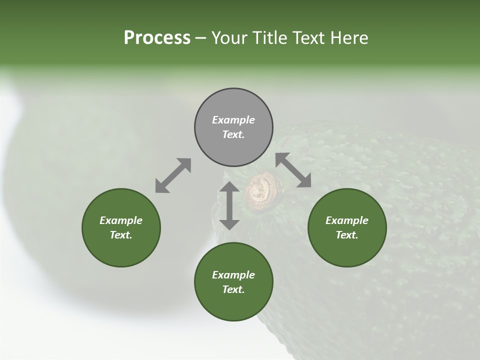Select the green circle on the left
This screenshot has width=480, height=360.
coord(121,227)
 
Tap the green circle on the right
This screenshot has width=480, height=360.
coord(347,227)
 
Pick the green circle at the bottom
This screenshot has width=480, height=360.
coord(233,281)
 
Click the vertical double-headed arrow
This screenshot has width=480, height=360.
coord(229,205)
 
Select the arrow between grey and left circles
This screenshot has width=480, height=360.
coord(173,175)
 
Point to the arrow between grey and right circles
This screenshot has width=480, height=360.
coord(293,170)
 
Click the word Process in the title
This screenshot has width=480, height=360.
coord(157,38)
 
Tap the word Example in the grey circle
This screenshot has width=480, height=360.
coord(233,120)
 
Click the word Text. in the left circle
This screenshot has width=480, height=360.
coord(121,235)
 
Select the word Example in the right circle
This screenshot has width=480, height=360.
coord(347,220)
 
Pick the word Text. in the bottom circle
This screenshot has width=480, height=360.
coord(233,289)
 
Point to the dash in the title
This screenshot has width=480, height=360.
coord(201,38)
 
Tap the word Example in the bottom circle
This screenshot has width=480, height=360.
coord(233,275)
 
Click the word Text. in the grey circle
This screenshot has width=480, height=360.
coord(233,134)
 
